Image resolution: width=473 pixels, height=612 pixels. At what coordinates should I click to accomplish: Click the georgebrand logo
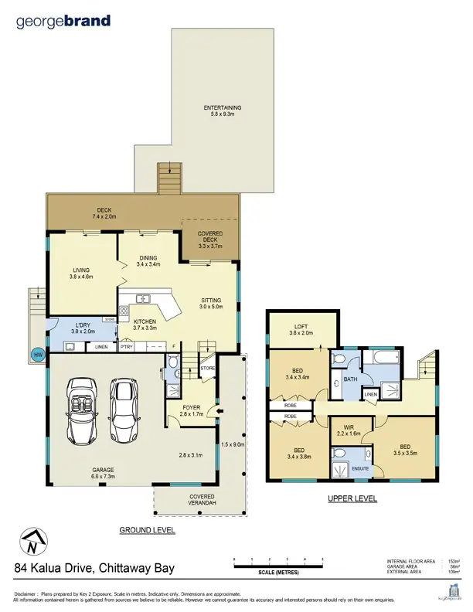(x=63, y=22)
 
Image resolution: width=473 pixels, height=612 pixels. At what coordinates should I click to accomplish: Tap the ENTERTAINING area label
(x=223, y=110)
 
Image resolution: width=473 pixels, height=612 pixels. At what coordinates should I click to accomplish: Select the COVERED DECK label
(x=210, y=240)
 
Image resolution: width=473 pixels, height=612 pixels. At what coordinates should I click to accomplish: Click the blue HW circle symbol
(x=37, y=355)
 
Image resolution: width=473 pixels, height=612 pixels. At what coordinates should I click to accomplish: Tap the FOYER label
(x=192, y=410)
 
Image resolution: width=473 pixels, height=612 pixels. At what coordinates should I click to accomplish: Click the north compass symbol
(x=32, y=541)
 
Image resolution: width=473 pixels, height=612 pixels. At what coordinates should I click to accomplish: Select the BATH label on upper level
(x=350, y=379)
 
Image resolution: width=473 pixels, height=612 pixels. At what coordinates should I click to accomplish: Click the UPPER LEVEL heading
(x=352, y=499)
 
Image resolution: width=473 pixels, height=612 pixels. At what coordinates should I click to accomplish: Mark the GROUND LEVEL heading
(x=147, y=530)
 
